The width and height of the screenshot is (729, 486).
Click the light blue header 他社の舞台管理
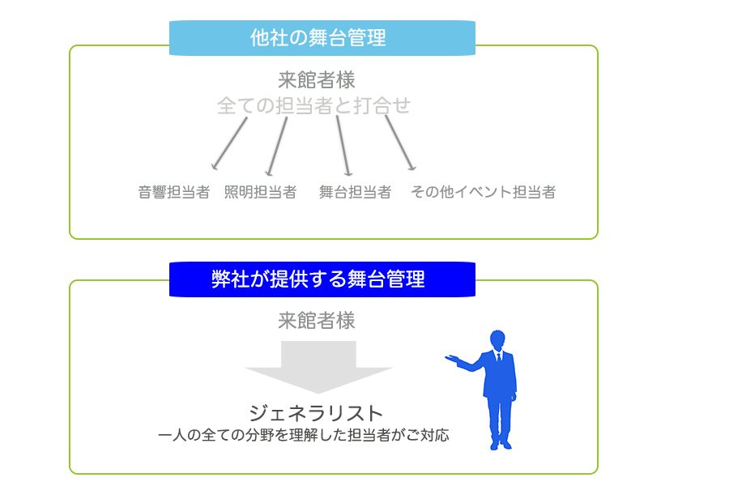pyautogui.click(x=322, y=38)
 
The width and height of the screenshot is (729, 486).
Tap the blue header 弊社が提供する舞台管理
pyautogui.click(x=322, y=279)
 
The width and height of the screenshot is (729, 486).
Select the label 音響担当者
pyautogui.click(x=174, y=192)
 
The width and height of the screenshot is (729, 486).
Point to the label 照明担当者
pyautogui.click(x=260, y=192)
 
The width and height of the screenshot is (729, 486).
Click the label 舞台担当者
pyautogui.click(x=356, y=192)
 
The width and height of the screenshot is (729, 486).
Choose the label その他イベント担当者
pyautogui.click(x=483, y=192)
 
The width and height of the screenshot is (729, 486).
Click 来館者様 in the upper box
pyautogui.click(x=317, y=80)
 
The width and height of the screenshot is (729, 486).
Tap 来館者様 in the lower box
pyautogui.click(x=317, y=321)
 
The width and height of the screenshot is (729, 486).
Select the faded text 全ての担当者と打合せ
pyautogui.click(x=313, y=105)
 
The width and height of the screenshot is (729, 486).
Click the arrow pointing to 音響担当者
pyautogui.click(x=229, y=143)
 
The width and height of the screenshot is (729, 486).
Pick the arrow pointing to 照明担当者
pyautogui.click(x=276, y=147)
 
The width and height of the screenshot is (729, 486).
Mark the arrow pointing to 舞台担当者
pyautogui.click(x=344, y=146)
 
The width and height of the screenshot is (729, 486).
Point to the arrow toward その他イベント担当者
pyautogui.click(x=400, y=143)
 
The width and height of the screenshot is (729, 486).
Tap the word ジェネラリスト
pyautogui.click(x=316, y=413)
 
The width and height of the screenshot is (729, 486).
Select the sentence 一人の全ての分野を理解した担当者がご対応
pyautogui.click(x=304, y=435)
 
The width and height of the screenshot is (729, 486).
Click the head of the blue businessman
pyautogui.click(x=497, y=340)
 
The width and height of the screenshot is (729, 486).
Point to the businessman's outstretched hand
pyautogui.click(x=451, y=359)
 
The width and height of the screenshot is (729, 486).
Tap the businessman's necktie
pyautogui.click(x=499, y=358)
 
